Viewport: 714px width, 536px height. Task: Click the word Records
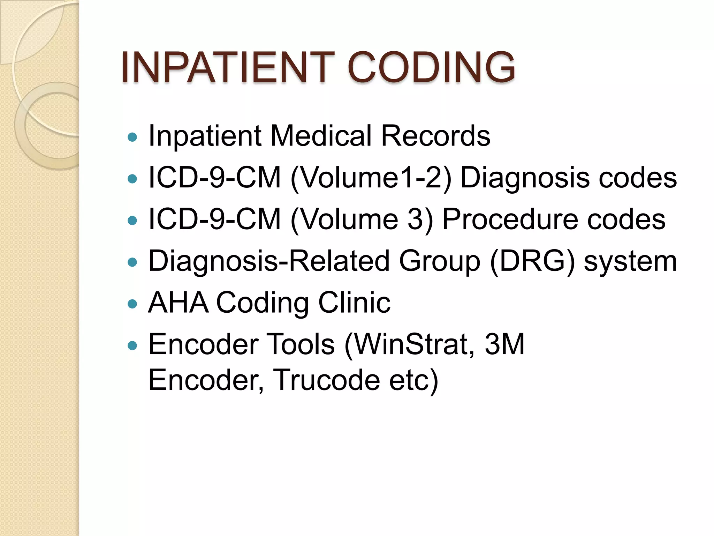(x=435, y=136)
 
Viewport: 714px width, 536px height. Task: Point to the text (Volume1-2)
(x=371, y=178)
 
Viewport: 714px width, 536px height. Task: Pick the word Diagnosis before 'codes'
(x=525, y=178)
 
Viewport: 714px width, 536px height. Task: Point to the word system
(x=630, y=262)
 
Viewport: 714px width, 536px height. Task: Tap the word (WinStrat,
(x=409, y=344)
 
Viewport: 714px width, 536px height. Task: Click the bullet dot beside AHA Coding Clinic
(x=132, y=304)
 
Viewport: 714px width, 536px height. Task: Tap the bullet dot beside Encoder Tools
(x=132, y=346)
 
